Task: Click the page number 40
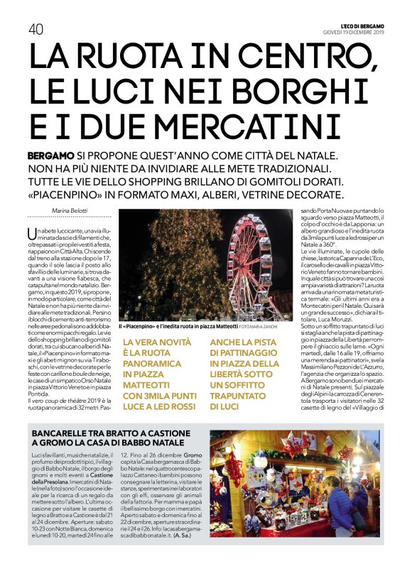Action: pyautogui.click(x=36, y=28)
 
